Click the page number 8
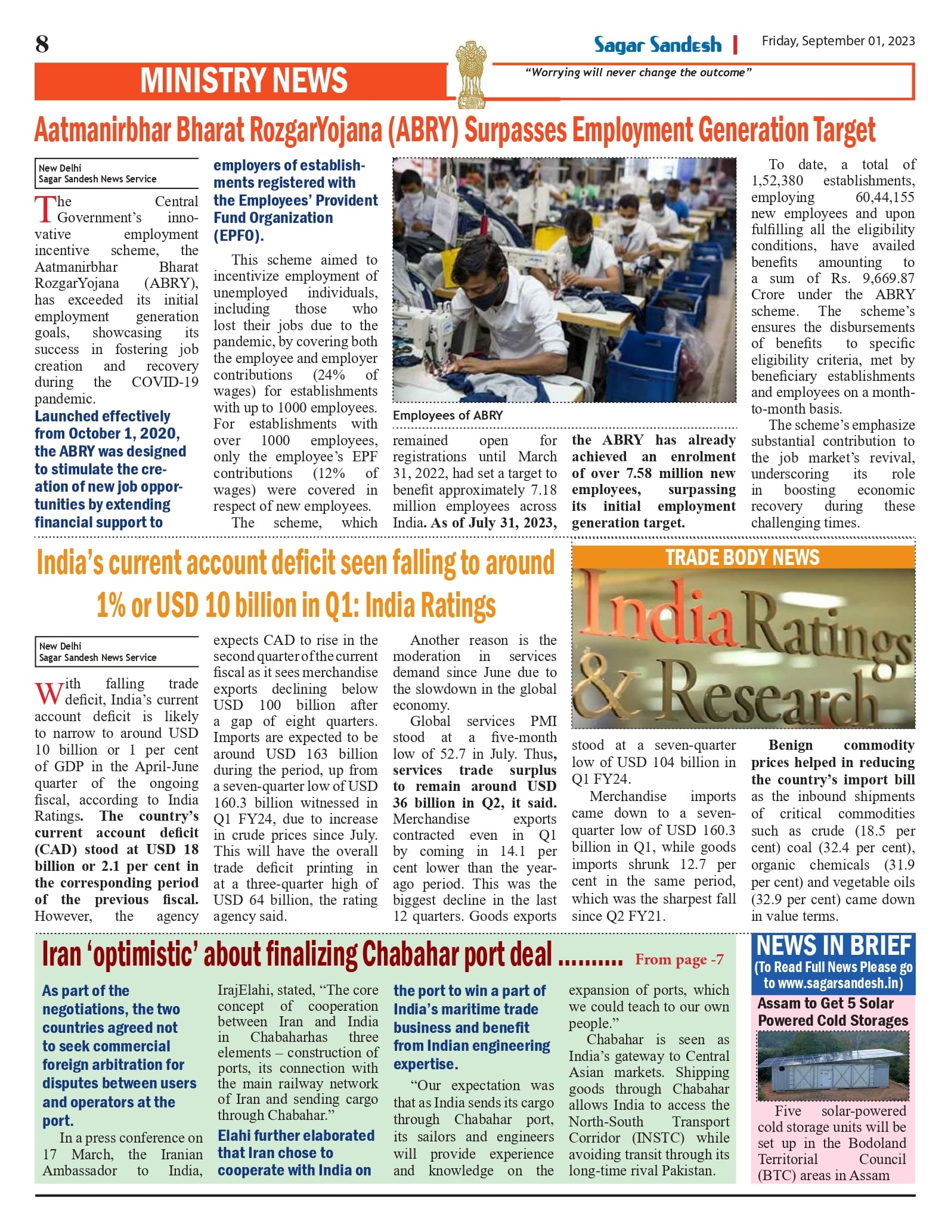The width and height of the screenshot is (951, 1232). click(x=42, y=44)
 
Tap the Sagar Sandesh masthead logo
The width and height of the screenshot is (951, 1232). click(x=657, y=45)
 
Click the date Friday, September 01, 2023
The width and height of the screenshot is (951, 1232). click(x=838, y=41)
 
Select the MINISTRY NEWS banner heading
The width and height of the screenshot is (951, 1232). click(x=243, y=81)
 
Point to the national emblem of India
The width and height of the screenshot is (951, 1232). click(x=470, y=75)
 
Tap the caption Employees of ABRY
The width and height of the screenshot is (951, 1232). click(x=448, y=415)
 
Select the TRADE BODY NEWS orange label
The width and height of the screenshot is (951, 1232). click(x=742, y=557)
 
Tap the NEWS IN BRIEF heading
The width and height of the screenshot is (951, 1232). click(x=834, y=947)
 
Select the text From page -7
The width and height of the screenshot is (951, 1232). click(x=679, y=960)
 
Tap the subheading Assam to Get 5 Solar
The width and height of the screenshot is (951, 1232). click(x=825, y=1003)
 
